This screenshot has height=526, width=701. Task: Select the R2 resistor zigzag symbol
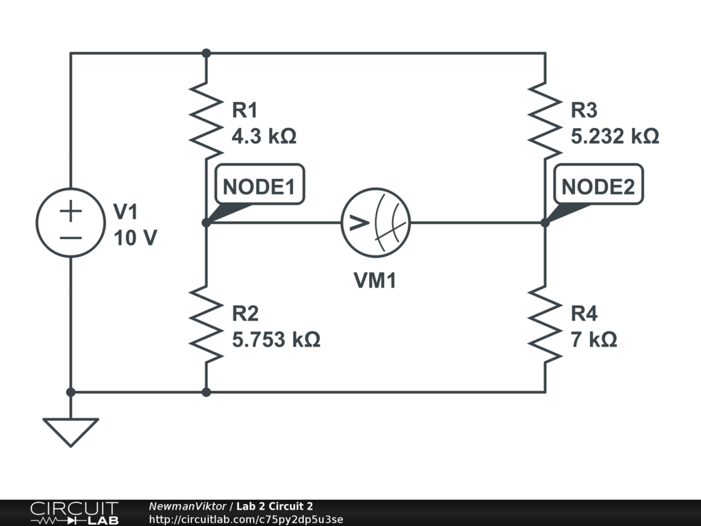pos(206,323)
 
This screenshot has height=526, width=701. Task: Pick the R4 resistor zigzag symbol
pos(545,323)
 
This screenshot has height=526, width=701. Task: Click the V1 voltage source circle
pos(70,223)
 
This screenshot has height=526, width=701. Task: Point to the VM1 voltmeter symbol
pos(375,223)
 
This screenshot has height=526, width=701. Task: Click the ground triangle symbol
pos(70,431)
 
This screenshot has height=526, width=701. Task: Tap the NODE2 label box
pos(598,186)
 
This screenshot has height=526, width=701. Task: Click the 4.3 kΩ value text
pos(264,136)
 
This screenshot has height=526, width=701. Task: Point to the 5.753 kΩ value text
pos(276,340)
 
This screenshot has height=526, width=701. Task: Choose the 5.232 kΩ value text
pos(615,136)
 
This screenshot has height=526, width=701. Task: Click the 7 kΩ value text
pos(594,340)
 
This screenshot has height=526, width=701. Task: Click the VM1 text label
pos(375,280)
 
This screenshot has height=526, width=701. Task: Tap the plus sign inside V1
pos(70,210)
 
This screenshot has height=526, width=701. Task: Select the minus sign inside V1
pos(70,238)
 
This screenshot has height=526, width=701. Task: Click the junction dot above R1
pos(206,53)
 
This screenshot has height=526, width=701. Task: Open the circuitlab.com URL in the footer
pos(246,518)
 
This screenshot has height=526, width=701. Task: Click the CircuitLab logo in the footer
pos(74,513)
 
